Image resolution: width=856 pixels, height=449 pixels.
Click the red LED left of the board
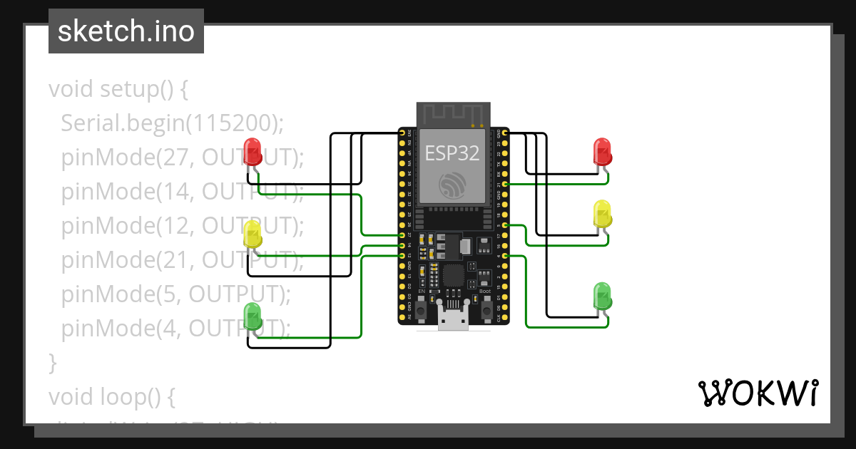point(253,151)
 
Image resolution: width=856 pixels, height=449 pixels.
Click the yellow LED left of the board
point(253,234)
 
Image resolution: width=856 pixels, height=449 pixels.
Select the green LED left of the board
point(253,316)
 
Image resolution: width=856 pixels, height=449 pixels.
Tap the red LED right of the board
point(603,151)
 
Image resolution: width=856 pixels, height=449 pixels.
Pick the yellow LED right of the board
point(603,214)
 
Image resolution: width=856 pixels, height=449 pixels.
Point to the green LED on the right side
point(603,296)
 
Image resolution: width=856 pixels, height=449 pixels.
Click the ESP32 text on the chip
point(452,153)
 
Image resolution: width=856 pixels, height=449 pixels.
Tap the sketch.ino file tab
point(126,31)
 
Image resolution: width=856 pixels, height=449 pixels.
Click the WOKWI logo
point(758,393)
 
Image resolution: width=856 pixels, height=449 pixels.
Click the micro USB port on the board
point(453,321)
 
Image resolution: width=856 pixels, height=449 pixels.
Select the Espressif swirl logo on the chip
point(452,186)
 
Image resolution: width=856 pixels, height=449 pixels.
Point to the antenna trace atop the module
point(452,113)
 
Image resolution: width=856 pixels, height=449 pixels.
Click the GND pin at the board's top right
point(505,133)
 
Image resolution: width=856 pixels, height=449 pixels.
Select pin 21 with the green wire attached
point(505,184)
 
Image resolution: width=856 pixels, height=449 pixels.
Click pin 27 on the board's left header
point(402,234)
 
